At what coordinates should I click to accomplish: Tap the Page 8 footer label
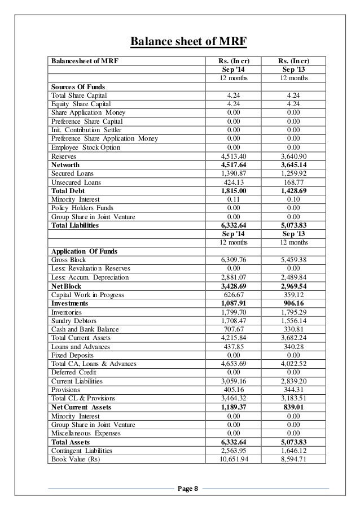pos(188,489)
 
